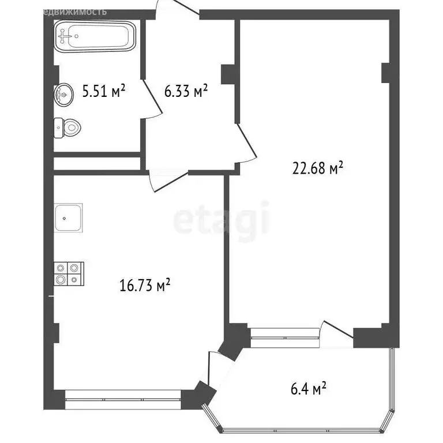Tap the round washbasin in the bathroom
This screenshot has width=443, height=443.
click(63, 94)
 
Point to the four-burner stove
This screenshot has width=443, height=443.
click(69, 273)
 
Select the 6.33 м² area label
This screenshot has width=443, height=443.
click(186, 91)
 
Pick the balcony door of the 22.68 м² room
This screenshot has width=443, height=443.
click(337, 333)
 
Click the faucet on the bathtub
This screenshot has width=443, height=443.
click(68, 36)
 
